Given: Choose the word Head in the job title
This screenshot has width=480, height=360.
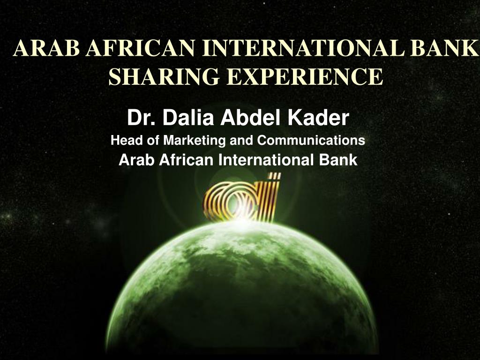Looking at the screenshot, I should pos(123,140).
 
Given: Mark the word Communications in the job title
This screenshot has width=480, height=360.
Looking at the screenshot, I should pos(312,140).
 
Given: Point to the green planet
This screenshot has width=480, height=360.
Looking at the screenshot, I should pos(241,291).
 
